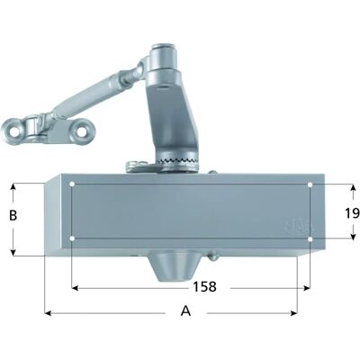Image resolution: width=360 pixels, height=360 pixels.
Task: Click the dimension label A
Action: [x=185, y=311]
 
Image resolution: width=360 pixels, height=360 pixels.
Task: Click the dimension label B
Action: [x=13, y=215]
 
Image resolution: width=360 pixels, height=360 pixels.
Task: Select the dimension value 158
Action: [x=204, y=287]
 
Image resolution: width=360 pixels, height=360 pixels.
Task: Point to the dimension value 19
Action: [x=353, y=213]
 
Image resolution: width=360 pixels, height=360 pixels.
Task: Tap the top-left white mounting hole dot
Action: [x=72, y=184]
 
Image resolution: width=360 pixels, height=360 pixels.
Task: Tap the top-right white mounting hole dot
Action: [x=310, y=184]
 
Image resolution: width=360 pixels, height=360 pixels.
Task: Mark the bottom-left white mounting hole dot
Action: [x=72, y=230]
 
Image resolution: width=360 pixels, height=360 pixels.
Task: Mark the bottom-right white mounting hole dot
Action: [x=310, y=230]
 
